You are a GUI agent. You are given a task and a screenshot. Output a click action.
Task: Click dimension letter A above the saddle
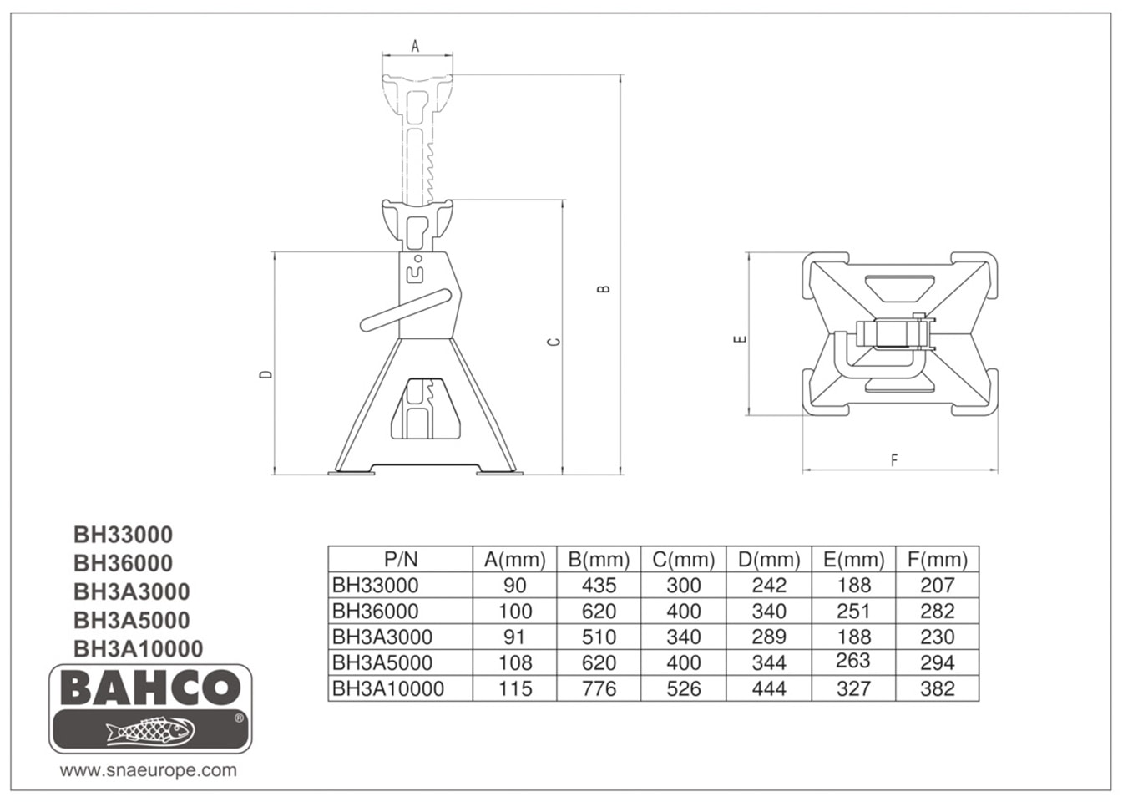pos(415,47)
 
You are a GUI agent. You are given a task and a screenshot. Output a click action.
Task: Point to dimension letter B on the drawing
pos(604,288)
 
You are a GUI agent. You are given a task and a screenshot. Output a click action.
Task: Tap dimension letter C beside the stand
pos(555,342)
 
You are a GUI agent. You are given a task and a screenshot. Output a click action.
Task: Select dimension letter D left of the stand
pos(266,374)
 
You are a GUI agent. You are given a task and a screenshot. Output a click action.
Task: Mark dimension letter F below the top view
pos(894,460)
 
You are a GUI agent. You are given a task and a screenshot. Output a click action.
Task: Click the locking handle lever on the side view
pos(406,310)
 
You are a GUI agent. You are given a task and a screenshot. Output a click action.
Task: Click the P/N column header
pos(401,560)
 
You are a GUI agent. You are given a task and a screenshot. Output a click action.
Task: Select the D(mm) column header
pos(769,560)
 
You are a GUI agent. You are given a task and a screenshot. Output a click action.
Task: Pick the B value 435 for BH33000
pos(599,586)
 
